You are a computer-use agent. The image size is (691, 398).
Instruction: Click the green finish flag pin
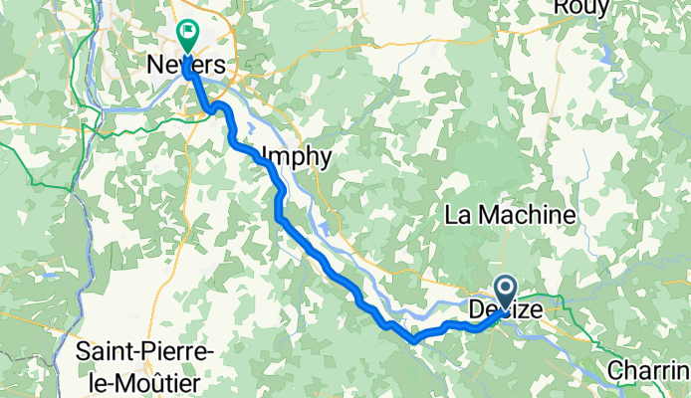tap(186, 37)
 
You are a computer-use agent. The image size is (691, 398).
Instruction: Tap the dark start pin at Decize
tap(506, 293)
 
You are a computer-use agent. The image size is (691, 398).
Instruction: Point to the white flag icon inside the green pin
tap(186, 32)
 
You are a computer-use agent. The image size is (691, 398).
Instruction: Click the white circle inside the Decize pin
tap(506, 289)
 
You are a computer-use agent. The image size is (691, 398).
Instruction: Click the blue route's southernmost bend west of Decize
tap(412, 339)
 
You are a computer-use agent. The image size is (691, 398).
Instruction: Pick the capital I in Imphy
tap(264, 156)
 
